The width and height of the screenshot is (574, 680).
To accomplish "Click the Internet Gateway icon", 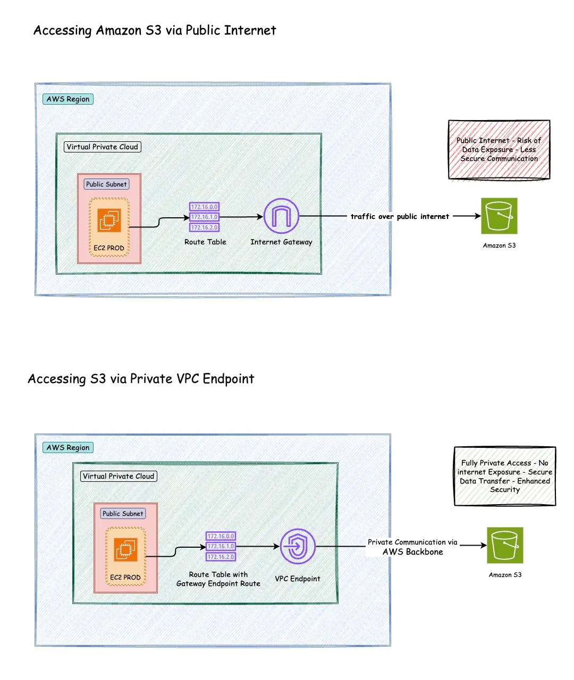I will click(281, 216).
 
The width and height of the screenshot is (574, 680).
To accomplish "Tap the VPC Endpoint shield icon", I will click(298, 546).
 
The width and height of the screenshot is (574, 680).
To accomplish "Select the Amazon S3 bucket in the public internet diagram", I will click(499, 216).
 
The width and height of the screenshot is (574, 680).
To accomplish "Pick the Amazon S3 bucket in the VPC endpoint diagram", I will click(505, 546).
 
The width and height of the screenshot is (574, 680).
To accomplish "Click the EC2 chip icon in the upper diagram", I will click(109, 220).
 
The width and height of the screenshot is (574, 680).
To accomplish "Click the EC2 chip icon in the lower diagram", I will click(125, 549).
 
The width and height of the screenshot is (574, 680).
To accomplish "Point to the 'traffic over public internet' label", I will click(400, 217).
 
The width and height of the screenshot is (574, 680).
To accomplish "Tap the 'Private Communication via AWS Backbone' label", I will click(412, 547).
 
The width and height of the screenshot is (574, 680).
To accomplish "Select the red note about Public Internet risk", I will click(499, 150).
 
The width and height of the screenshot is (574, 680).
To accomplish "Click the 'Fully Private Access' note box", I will click(505, 476).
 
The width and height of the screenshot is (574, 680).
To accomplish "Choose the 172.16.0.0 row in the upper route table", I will click(205, 207).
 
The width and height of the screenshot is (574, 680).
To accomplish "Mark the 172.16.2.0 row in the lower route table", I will click(221, 557).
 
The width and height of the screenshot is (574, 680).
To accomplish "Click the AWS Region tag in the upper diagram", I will click(68, 99).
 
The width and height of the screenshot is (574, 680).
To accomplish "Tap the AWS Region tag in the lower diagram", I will click(68, 448).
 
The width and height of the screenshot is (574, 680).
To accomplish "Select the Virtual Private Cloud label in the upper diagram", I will click(103, 147).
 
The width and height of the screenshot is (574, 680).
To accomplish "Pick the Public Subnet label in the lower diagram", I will click(123, 514).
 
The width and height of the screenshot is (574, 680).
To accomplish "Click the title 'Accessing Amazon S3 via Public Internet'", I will click(155, 31).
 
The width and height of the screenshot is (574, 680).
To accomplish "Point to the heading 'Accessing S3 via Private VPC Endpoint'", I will click(141, 379).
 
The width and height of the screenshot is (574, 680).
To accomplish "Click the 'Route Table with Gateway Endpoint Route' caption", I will click(218, 579).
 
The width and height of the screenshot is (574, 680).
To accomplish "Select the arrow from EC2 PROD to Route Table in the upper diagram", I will click(159, 222).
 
